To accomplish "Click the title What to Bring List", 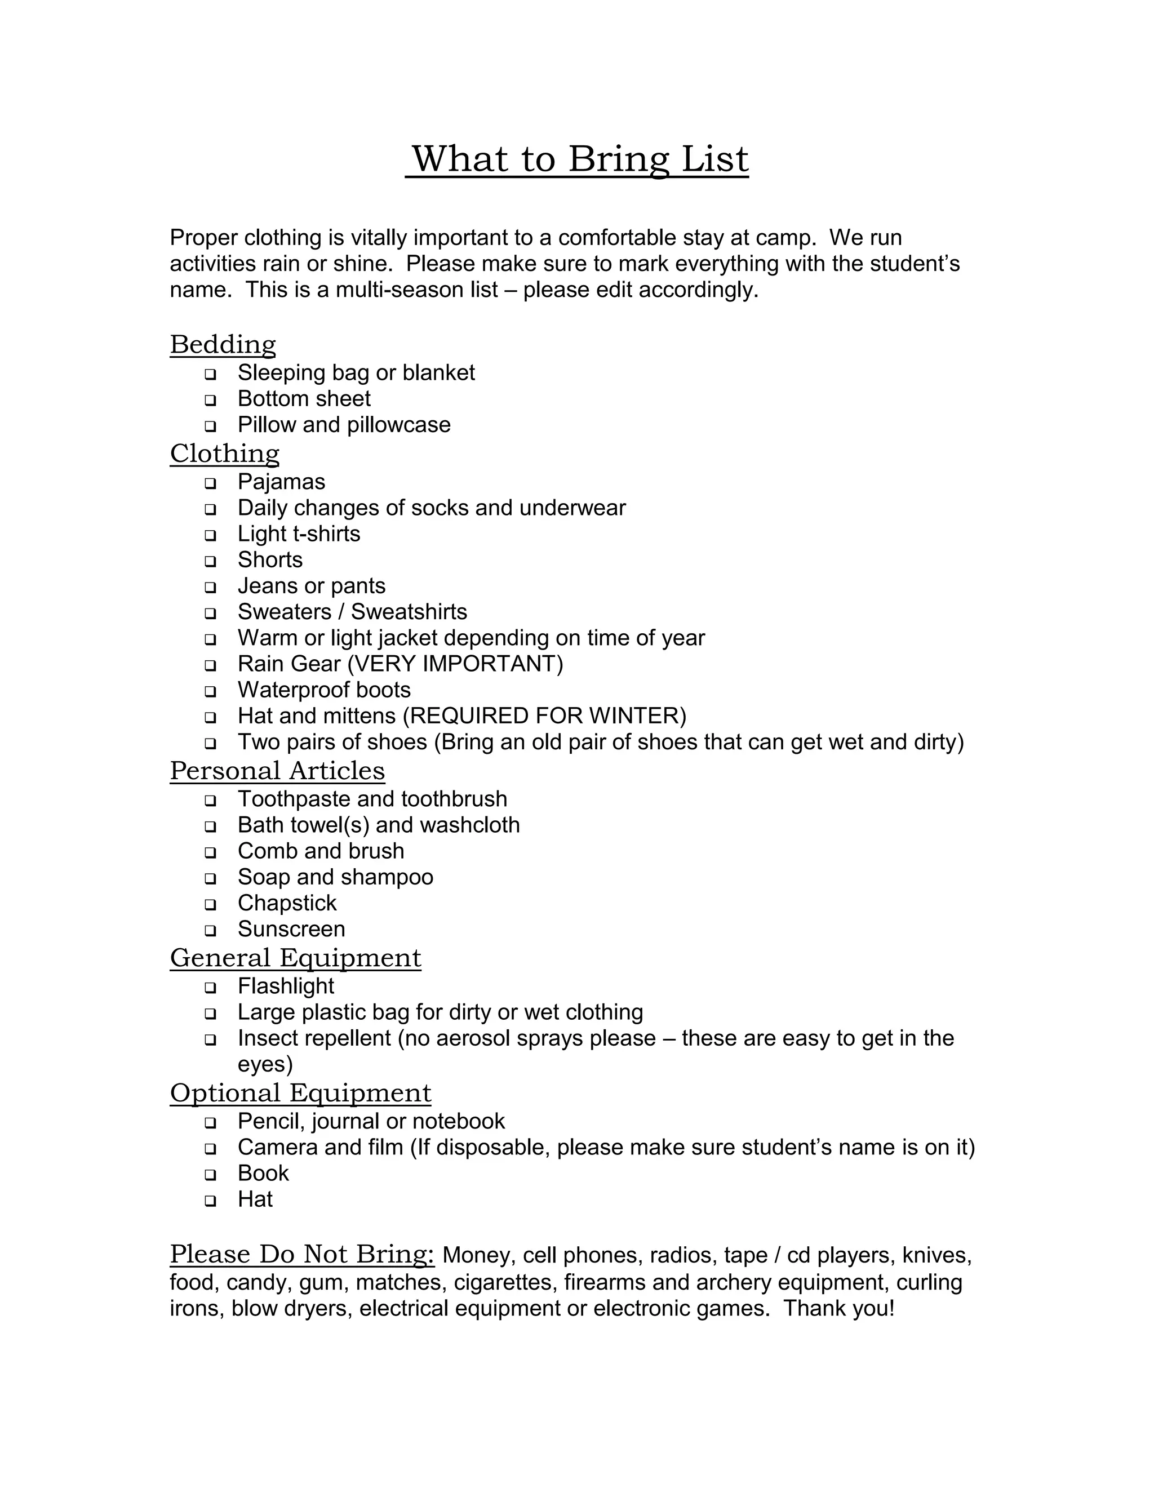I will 580,159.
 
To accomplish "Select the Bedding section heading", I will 223,345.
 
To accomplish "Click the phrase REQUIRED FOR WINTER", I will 544,716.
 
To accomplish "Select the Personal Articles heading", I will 277,771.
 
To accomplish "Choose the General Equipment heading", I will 295,958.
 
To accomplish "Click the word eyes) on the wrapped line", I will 265,1064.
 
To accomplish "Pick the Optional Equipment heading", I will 300,1093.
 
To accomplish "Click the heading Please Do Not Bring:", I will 301,1255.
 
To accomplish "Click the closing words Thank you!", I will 839,1308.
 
